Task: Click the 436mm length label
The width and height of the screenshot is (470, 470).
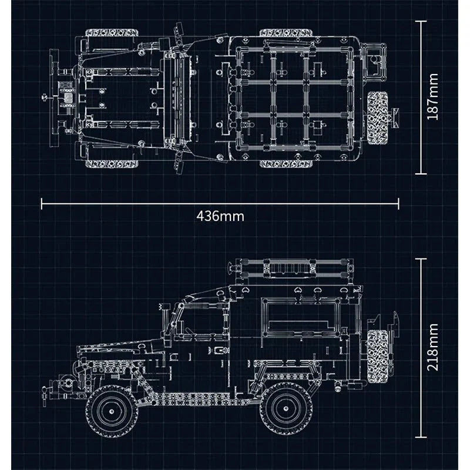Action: click(220, 216)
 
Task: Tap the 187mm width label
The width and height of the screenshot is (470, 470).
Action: click(433, 98)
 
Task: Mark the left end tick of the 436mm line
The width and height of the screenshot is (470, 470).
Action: click(41, 203)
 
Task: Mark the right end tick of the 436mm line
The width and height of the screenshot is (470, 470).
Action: click(398, 203)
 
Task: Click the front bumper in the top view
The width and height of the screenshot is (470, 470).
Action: click(55, 97)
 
